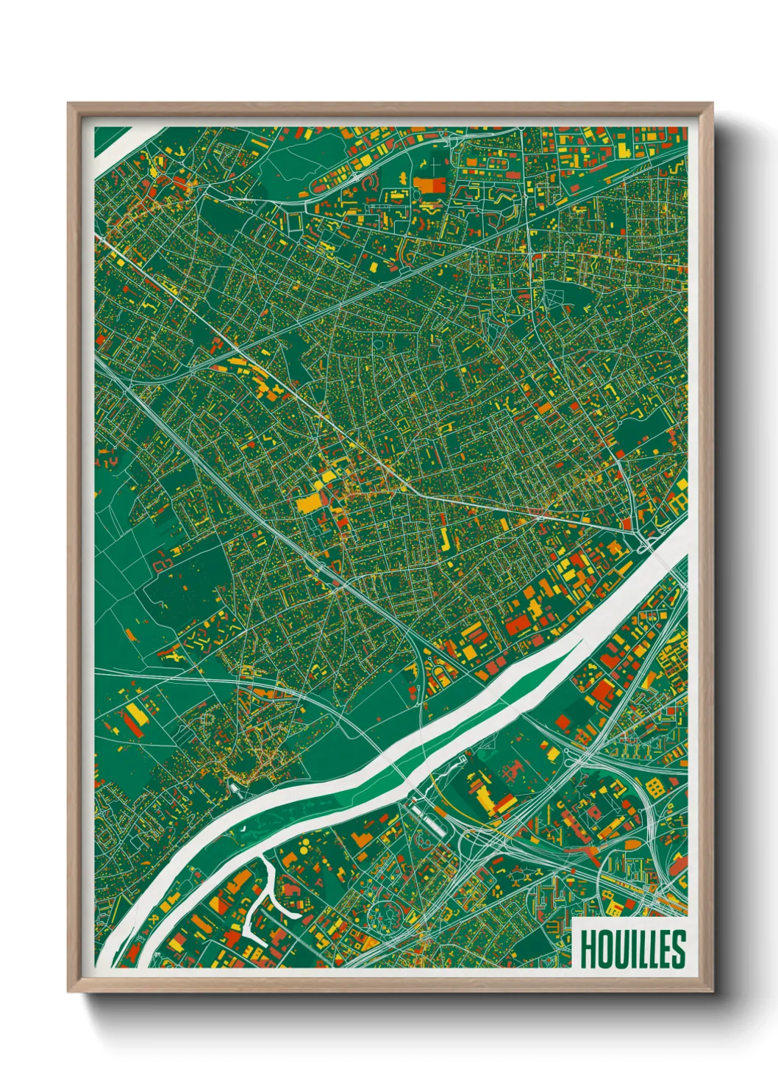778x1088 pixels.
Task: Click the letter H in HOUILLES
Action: pos(587,949)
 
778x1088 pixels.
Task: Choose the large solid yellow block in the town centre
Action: pos(309,504)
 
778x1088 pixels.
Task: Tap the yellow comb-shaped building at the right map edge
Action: pos(677,504)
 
